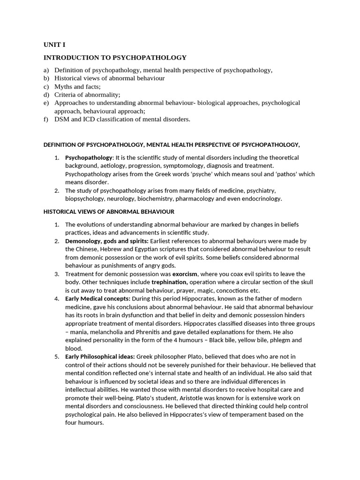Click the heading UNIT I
pos(54,45)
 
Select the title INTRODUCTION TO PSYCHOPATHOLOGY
pos(115,58)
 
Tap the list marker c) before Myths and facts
pos(46,87)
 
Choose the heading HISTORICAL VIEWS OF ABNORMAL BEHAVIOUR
pos(109,212)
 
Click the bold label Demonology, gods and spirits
pos(106,241)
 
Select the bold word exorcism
pos(185,274)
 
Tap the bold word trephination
pos(169,282)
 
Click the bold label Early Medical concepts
pos(97,299)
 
